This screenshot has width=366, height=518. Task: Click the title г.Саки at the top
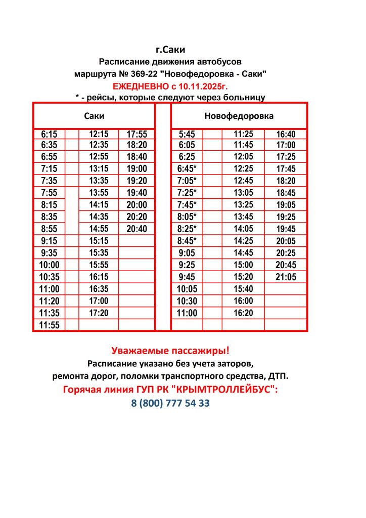[x=170, y=50]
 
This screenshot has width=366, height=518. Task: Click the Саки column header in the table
[x=94, y=116]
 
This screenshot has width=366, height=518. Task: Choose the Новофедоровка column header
[x=239, y=116]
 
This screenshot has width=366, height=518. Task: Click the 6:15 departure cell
[x=50, y=135]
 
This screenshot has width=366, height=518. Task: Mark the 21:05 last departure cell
[x=286, y=277]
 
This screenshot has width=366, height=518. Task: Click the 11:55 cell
[x=50, y=325]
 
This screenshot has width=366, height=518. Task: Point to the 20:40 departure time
[x=136, y=229]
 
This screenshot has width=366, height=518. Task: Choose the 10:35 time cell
[x=50, y=277]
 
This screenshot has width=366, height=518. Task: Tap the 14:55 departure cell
[x=99, y=229]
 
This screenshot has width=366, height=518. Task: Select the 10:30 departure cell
[x=187, y=301]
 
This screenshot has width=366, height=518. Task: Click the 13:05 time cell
[x=243, y=193]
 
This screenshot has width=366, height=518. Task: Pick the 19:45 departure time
[x=286, y=229]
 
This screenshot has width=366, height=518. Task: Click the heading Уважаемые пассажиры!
[x=170, y=350]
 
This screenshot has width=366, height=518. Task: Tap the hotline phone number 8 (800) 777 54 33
[x=170, y=403]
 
